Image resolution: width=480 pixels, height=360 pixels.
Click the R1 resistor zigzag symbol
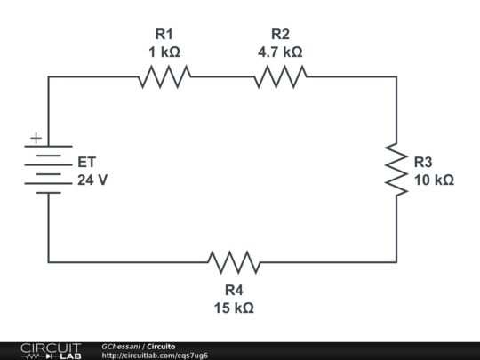click(x=164, y=76)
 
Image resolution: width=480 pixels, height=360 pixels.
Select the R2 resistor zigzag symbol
click(x=280, y=76)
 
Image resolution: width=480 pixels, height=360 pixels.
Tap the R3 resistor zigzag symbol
click(x=396, y=169)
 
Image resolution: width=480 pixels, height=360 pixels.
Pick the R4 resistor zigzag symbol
click(x=234, y=262)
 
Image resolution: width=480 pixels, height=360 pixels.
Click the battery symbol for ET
click(x=48, y=169)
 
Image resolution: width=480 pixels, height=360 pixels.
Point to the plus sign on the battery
click(x=36, y=138)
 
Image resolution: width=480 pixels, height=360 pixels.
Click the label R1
click(x=164, y=34)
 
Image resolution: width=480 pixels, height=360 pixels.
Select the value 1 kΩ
click(x=164, y=52)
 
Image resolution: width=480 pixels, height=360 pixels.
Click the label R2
click(x=280, y=34)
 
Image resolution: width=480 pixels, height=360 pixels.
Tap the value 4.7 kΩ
click(x=280, y=52)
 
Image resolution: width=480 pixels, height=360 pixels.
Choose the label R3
click(x=423, y=162)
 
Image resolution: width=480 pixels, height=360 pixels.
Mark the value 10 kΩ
click(x=434, y=180)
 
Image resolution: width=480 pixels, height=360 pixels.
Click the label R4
click(x=234, y=290)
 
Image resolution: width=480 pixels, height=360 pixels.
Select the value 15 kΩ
click(x=234, y=308)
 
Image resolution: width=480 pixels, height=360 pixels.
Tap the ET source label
click(x=87, y=162)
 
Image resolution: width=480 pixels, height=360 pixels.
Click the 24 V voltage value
click(x=92, y=180)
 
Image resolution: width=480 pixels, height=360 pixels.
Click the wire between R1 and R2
click(x=222, y=76)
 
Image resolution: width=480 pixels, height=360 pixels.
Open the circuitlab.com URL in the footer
click(x=155, y=356)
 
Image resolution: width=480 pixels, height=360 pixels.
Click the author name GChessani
click(x=121, y=347)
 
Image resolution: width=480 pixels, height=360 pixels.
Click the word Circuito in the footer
click(x=161, y=347)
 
